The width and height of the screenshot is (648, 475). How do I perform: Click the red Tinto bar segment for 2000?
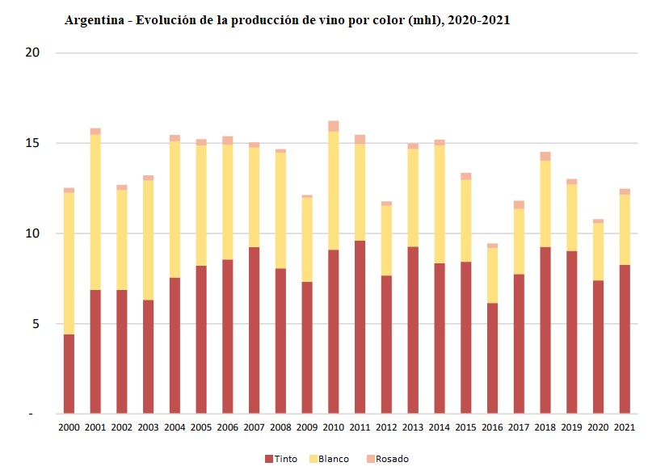pyautogui.click(x=69, y=373)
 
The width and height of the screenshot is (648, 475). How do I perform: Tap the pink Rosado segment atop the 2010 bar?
pyautogui.click(x=333, y=125)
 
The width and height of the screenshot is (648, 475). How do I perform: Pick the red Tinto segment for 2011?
pyautogui.click(x=360, y=327)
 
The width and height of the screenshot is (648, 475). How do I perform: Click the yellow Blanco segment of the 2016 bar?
pyautogui.click(x=492, y=275)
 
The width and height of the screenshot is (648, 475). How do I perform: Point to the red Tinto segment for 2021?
pyautogui.click(x=625, y=339)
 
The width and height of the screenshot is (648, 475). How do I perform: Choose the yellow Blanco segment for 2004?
pyautogui.click(x=175, y=209)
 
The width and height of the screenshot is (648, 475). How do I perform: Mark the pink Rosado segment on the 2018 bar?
pyautogui.click(x=545, y=156)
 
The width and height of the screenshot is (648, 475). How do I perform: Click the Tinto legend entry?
pyautogui.click(x=281, y=459)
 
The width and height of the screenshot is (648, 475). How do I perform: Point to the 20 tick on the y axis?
pyautogui.click(x=33, y=53)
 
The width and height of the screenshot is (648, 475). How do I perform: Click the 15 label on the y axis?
pyautogui.click(x=33, y=144)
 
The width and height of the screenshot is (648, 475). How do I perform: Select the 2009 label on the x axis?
pyautogui.click(x=307, y=427)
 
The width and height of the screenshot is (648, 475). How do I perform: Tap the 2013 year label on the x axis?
pyautogui.click(x=413, y=427)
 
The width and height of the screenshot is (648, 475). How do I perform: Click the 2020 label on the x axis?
pyautogui.click(x=598, y=427)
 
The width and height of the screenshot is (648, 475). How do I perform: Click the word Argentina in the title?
pyautogui.click(x=95, y=20)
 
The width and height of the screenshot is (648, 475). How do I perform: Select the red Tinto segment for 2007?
pyautogui.click(x=254, y=330)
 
